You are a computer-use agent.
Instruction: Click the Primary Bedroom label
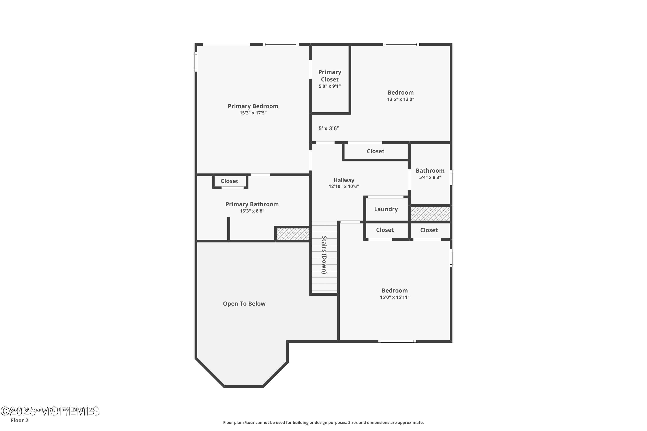(253, 106)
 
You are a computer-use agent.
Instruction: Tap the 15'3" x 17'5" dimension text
(253, 113)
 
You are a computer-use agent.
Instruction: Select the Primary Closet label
(330, 76)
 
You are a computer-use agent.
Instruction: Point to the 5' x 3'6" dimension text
(329, 128)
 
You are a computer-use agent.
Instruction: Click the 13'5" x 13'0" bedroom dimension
(400, 99)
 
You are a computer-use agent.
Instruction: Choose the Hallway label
(344, 180)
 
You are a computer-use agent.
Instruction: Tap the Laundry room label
(386, 209)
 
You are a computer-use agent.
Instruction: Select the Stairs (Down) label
(324, 255)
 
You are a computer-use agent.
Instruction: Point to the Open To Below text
(244, 304)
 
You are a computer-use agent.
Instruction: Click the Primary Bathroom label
(252, 204)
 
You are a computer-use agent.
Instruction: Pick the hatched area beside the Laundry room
(430, 214)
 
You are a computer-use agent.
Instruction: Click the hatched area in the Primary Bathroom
(293, 234)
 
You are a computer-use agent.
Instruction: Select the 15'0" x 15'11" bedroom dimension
(394, 297)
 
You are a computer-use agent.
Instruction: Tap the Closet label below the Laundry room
(385, 230)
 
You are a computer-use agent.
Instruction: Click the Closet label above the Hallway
(375, 151)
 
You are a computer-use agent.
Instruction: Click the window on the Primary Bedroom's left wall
(196, 62)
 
